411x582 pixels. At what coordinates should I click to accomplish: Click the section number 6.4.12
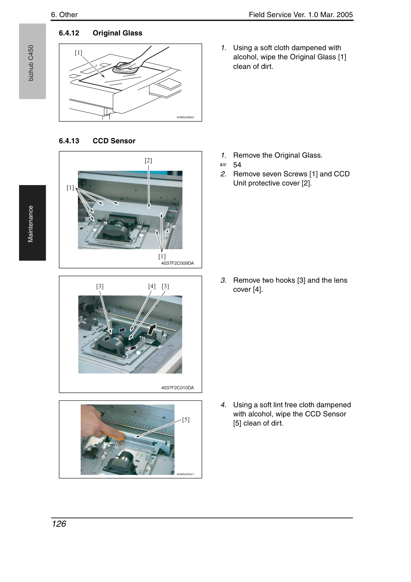[69, 33]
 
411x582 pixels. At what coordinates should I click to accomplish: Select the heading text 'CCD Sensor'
[114, 141]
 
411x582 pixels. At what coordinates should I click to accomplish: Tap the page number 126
[59, 524]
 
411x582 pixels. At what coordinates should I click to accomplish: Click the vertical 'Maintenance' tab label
[30, 224]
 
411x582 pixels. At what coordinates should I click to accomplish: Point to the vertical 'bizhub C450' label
[31, 63]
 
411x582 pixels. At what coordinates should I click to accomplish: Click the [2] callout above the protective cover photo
[148, 160]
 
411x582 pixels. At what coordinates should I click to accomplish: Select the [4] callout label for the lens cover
[152, 286]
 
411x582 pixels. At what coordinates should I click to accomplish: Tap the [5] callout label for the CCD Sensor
[186, 420]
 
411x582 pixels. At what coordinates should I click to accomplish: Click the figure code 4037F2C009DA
[177, 263]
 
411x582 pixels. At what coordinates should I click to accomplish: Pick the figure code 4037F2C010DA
[177, 388]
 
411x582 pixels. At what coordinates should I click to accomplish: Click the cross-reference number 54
[237, 165]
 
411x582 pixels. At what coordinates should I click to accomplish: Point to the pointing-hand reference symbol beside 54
[223, 165]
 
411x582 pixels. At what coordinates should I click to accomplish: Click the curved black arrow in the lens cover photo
[152, 329]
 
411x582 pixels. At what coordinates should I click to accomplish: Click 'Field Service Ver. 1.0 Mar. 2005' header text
[301, 15]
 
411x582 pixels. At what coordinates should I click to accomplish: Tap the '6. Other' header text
[64, 15]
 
